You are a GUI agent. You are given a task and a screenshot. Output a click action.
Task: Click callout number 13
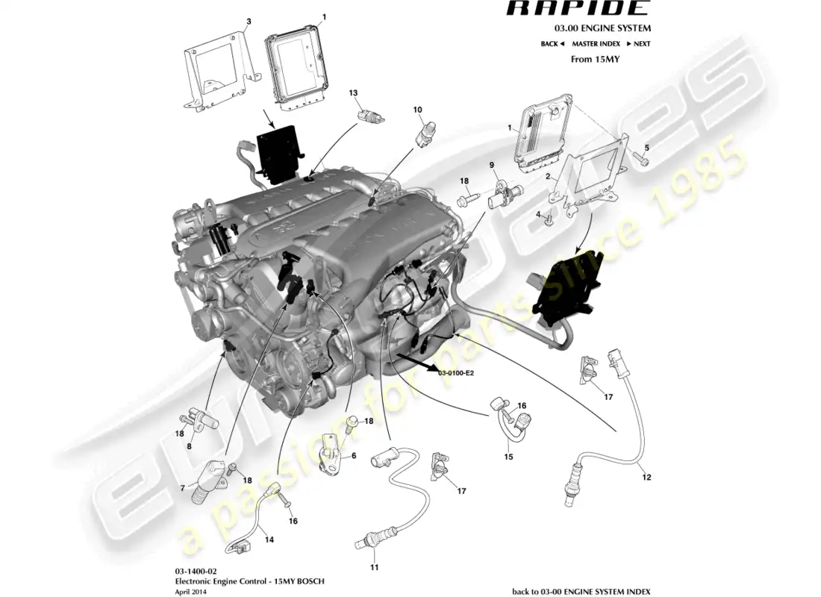pyautogui.click(x=354, y=93)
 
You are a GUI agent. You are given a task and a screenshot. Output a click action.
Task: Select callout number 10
pyautogui.click(x=418, y=109)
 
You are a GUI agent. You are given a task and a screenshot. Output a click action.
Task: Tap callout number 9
pyautogui.click(x=492, y=164)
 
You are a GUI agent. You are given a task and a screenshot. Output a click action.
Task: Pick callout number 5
pyautogui.click(x=646, y=146)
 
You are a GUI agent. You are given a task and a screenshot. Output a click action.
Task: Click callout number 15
pyautogui.click(x=508, y=457)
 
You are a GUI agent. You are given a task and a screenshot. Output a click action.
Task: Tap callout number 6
pyautogui.click(x=353, y=455)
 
